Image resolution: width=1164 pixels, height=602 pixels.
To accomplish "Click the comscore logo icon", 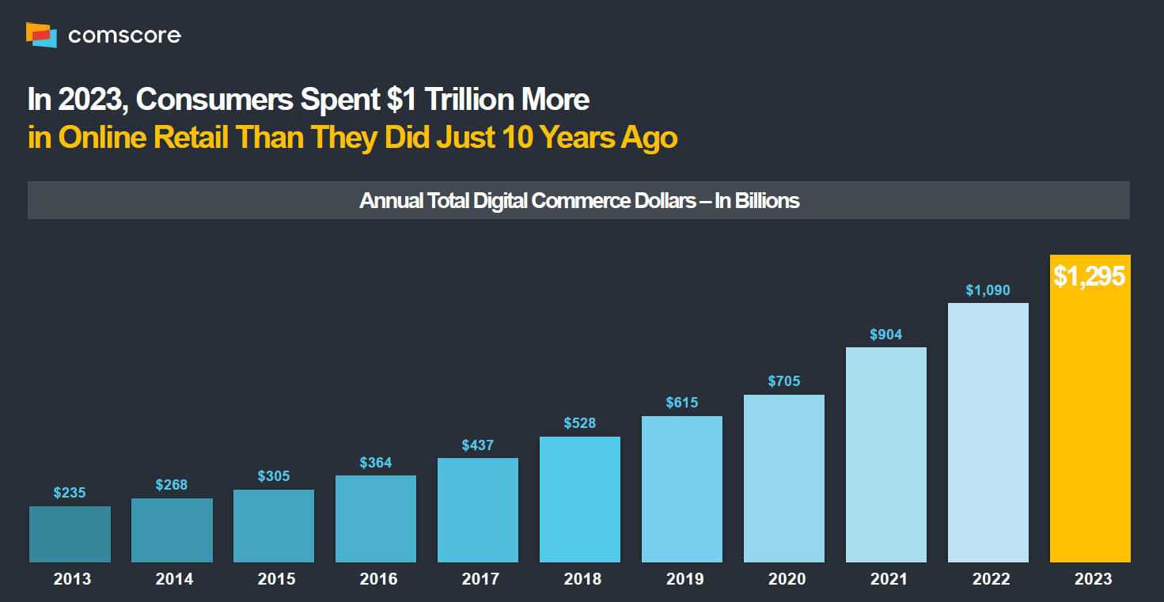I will coord(41,35).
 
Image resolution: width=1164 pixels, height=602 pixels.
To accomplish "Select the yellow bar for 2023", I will coord(1090,419).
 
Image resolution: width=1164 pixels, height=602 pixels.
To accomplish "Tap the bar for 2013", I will coord(70,535).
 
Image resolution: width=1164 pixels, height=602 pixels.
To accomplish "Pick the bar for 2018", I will coord(580,500).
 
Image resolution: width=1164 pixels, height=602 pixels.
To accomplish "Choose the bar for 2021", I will coord(885,455).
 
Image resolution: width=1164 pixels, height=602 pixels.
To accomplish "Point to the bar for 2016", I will coord(376,519).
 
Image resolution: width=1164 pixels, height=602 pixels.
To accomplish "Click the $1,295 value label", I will coord(1089,277).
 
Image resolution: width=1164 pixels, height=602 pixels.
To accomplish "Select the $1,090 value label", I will coord(988,290).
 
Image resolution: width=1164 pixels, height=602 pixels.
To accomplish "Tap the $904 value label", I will coord(885,335).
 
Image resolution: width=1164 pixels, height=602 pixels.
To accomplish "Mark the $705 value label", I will coord(783,381).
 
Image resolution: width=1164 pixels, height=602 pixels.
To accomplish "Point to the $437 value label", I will coord(478,445).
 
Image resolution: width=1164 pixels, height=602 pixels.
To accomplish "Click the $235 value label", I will coord(70,493).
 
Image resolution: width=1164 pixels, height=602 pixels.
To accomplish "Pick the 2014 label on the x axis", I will coord(174,579).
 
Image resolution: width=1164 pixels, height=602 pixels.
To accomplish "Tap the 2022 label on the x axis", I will coord(991,579).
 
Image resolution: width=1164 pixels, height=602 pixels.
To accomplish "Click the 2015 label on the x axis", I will coord(276,579).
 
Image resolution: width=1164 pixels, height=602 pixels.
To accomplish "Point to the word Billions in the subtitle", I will coord(767,201).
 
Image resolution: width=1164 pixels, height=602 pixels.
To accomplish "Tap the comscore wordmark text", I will coord(124,36).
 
